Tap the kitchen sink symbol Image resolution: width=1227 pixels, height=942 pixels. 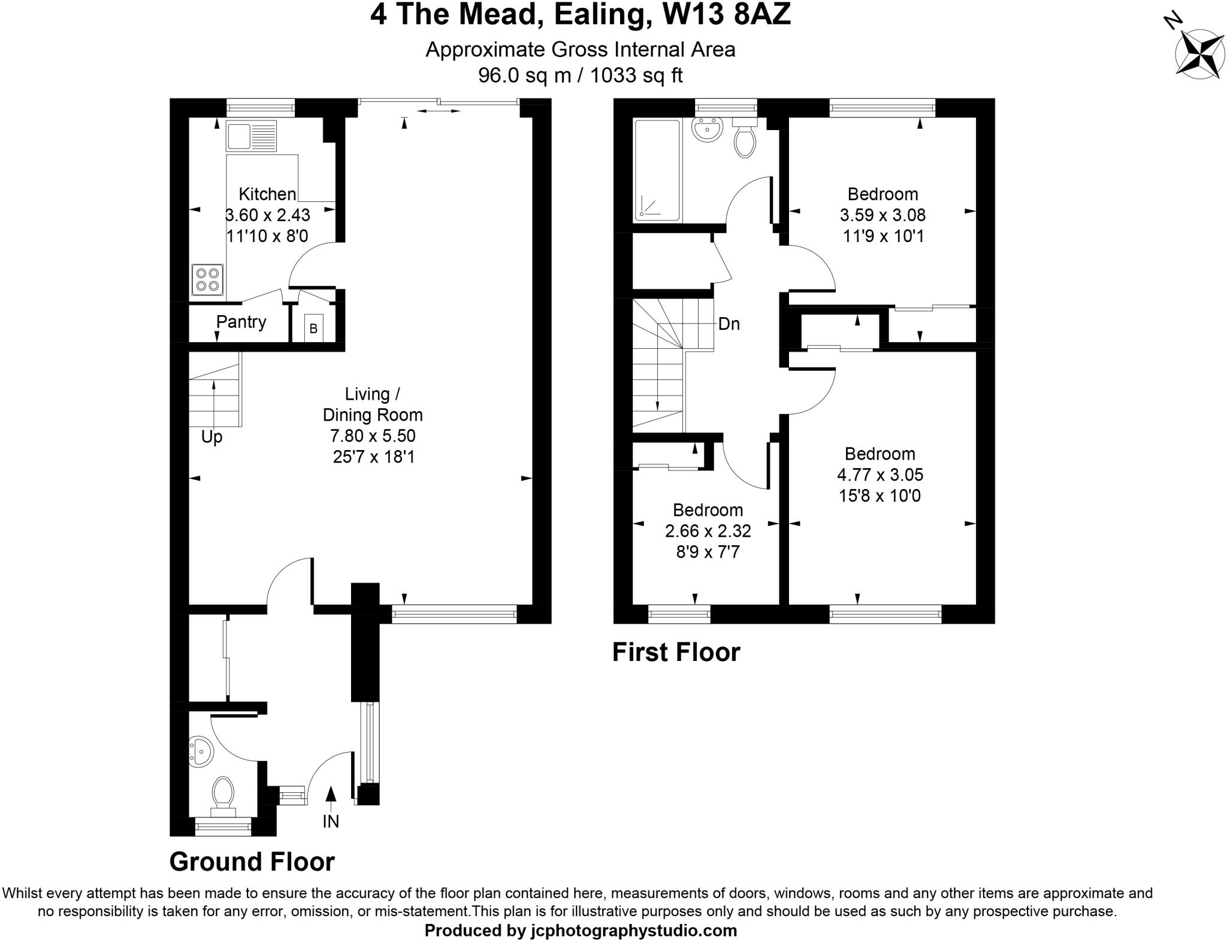[x=251, y=136]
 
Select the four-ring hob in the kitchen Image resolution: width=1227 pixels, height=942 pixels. [x=207, y=280]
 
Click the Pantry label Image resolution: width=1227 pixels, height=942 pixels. [x=241, y=322]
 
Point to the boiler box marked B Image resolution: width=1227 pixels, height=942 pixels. [x=313, y=328]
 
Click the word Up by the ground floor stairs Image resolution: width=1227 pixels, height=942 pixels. [x=211, y=437]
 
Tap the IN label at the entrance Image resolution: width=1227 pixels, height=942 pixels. [x=331, y=821]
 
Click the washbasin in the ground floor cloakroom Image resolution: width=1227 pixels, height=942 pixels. [x=201, y=751]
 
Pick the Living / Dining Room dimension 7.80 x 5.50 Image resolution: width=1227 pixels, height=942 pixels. [x=373, y=436]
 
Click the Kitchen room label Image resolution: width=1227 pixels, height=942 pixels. [x=267, y=194]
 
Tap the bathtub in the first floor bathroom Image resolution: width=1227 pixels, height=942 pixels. [x=657, y=170]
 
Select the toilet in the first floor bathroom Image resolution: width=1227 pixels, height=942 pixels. [x=745, y=140]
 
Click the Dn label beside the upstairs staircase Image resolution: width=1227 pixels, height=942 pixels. [x=729, y=324]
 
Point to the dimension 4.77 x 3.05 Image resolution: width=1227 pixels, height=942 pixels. [x=880, y=475]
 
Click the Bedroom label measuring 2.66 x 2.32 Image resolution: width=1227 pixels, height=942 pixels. [x=708, y=510]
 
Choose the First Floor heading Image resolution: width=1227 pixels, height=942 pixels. [x=676, y=652]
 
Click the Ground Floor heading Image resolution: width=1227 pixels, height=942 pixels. [x=252, y=862]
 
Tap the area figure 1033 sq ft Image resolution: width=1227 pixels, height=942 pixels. [x=636, y=76]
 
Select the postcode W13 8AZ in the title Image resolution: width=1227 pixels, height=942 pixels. [x=727, y=14]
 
